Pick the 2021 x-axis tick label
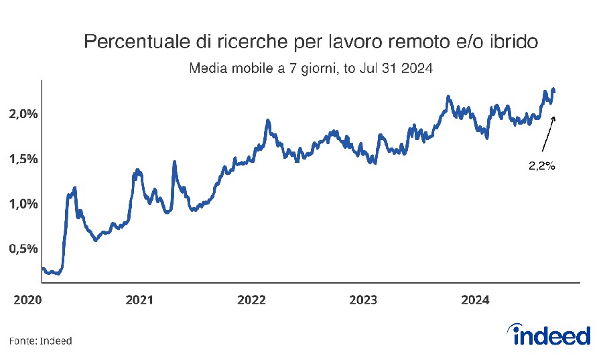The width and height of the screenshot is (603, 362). point(139,300)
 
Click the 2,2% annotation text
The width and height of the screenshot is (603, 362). point(542,166)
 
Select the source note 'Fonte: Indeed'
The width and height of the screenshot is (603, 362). point(40,341)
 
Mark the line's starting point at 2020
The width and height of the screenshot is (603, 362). point(42,269)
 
